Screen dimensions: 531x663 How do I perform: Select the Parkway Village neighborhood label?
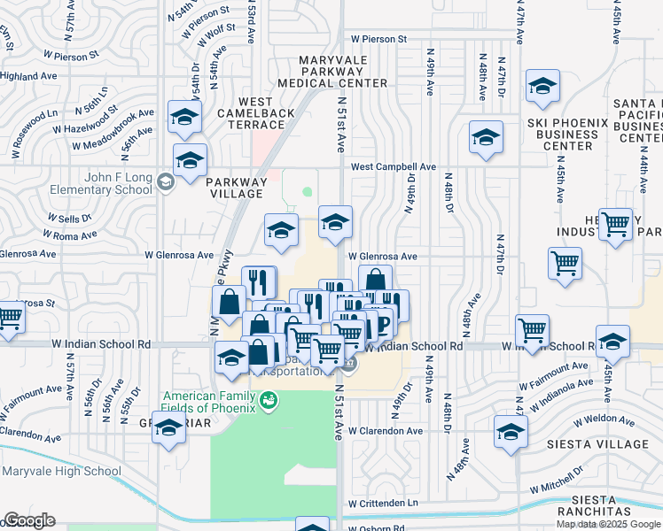tap(236, 188)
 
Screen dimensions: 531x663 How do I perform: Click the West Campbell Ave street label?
tap(394, 166)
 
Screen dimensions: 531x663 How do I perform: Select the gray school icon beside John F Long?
tap(164, 183)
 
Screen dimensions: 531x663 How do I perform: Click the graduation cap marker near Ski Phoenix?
tap(542, 88)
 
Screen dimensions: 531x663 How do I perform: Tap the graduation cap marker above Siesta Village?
tap(511, 433)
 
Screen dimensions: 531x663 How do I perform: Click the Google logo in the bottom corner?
tap(29, 520)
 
